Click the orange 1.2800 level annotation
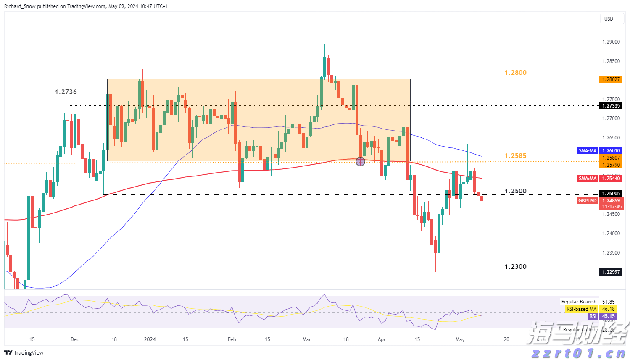[x=515, y=73]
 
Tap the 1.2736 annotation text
[x=66, y=92]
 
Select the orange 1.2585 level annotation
[x=515, y=156]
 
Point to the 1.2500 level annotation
[x=515, y=191]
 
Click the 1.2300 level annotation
[x=515, y=267]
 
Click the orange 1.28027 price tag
[x=611, y=79]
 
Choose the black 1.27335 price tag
[x=611, y=106]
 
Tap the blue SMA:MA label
[x=587, y=151]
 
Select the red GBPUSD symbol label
[x=587, y=201]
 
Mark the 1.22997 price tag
[x=611, y=272]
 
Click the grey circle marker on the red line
[x=360, y=161]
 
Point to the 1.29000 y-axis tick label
[x=611, y=42]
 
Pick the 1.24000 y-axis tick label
[x=611, y=234]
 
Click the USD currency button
[x=609, y=19]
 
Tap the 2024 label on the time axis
[x=150, y=339]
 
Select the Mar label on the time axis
[x=307, y=339]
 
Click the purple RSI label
[x=593, y=316]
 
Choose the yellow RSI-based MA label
[x=581, y=309]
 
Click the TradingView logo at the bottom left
[x=24, y=353]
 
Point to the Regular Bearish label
[x=579, y=302]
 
